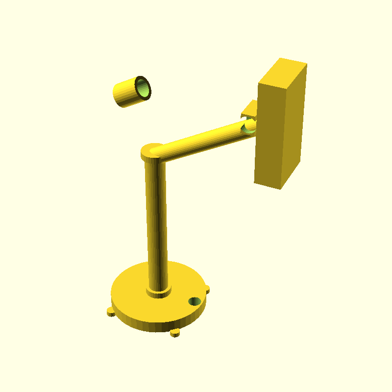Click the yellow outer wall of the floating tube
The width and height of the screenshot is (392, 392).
point(125,93)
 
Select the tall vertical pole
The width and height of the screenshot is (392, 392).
point(157,220)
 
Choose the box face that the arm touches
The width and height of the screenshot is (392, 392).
point(269,132)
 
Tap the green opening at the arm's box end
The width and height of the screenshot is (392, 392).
point(248,129)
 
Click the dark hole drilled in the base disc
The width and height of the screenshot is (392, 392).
point(195,301)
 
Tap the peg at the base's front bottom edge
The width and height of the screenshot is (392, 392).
point(175,333)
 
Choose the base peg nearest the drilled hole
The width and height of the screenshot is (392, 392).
point(207,289)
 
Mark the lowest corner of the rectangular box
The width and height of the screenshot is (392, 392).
point(280,189)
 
